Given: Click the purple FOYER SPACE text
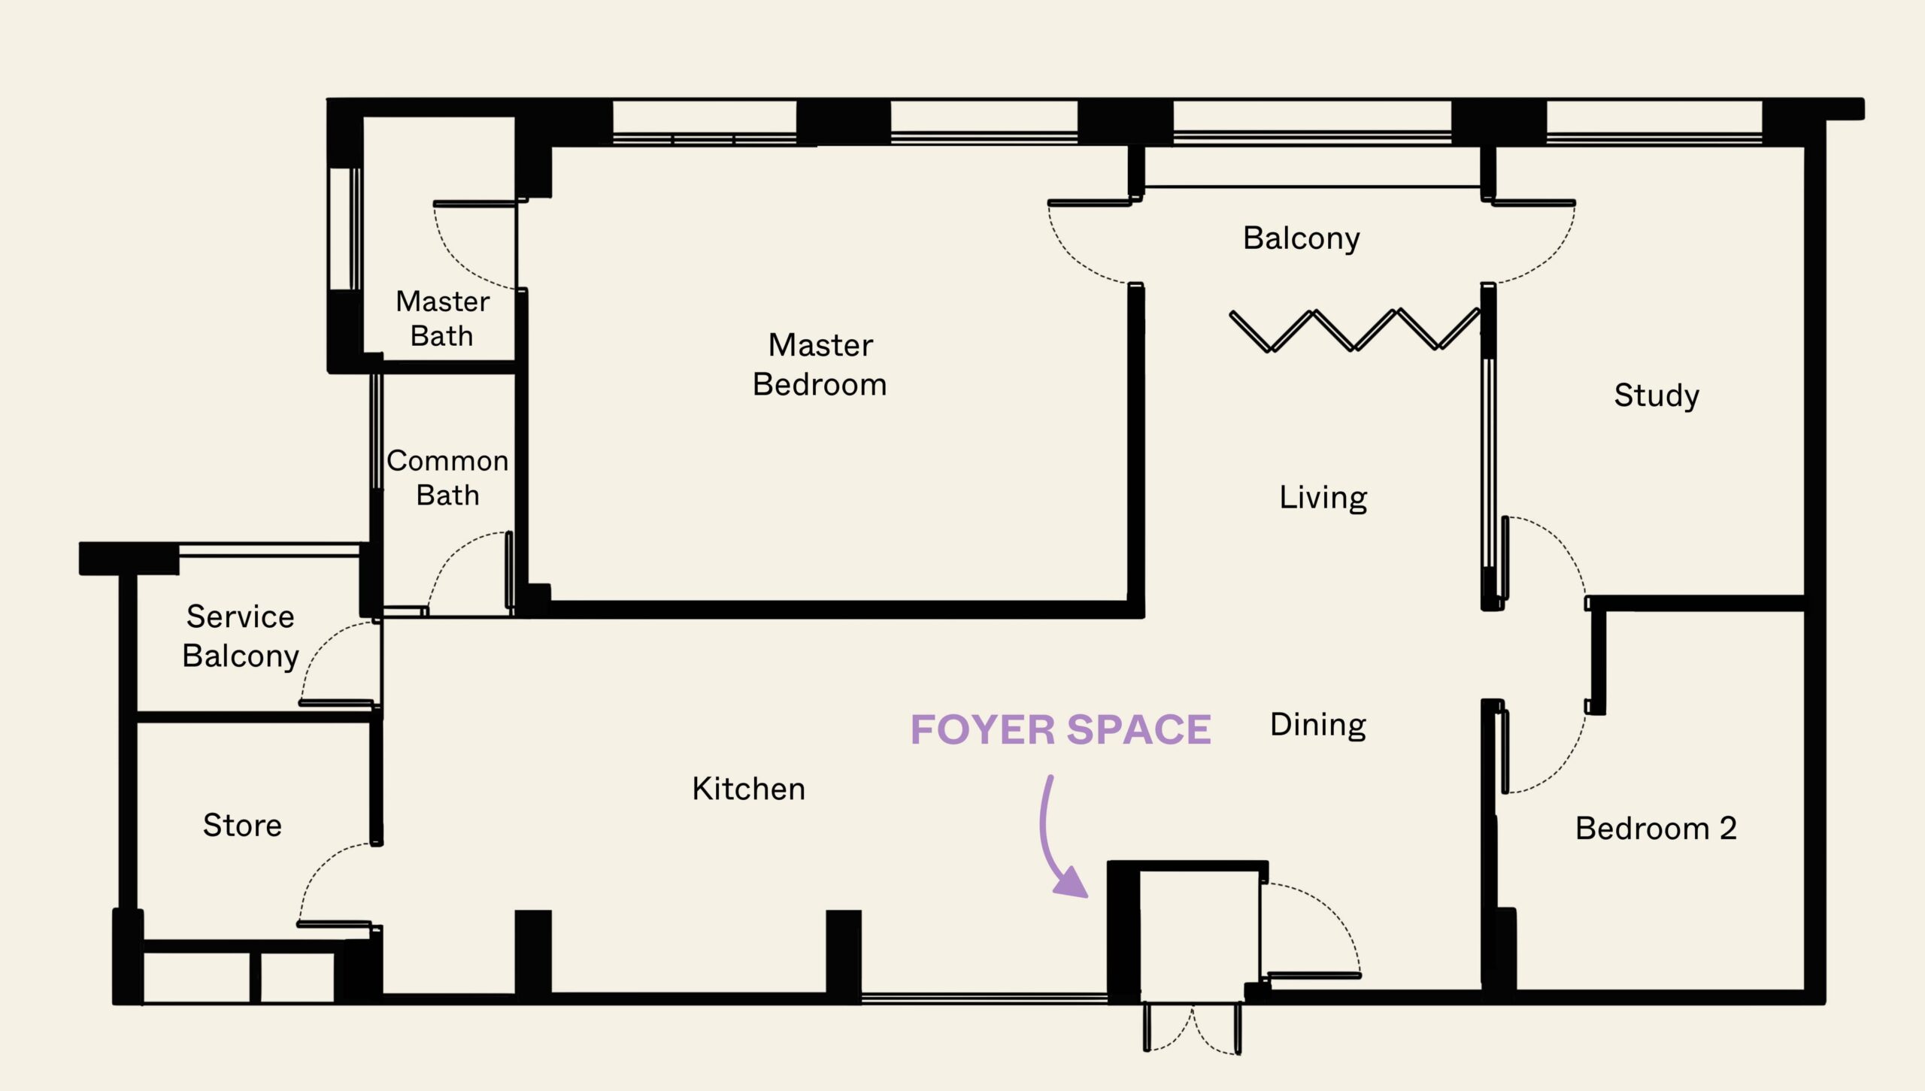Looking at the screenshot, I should (x=1060, y=730).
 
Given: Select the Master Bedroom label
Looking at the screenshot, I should (x=820, y=365).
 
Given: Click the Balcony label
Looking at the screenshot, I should (x=1301, y=238).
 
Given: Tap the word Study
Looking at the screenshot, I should (x=1656, y=395).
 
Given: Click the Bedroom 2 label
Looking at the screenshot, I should (x=1656, y=829).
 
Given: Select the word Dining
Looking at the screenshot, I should (x=1317, y=725).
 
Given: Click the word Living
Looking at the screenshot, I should (x=1323, y=498).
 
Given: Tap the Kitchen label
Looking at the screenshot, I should (x=748, y=789).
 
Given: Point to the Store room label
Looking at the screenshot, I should (x=242, y=826).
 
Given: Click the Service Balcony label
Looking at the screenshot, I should (x=241, y=636).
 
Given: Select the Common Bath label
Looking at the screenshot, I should (x=447, y=478).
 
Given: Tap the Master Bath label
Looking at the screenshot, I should (x=442, y=319).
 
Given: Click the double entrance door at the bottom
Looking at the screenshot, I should (x=1193, y=1030).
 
